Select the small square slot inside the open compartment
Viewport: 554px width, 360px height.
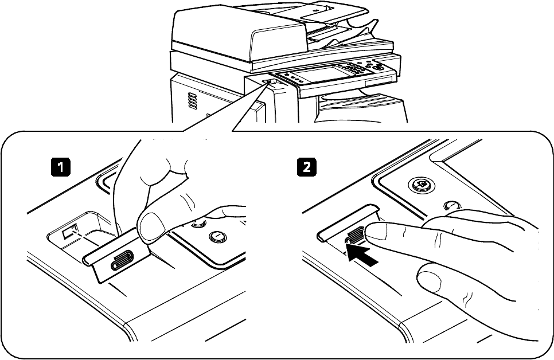pos(67,232)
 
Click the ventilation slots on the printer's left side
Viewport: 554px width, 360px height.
pos(193,102)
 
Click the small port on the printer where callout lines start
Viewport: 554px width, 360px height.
pos(270,82)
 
